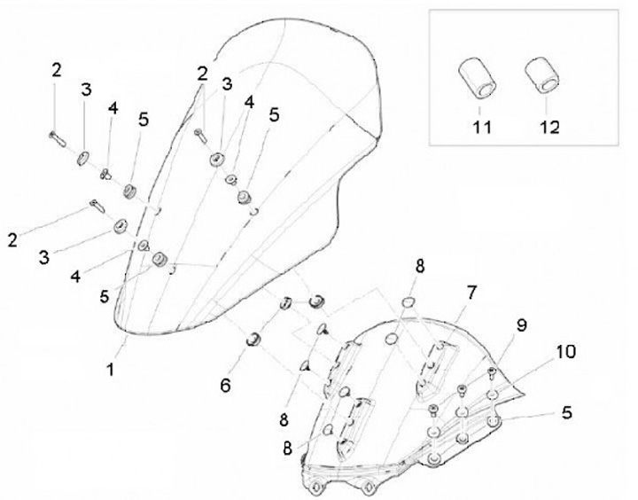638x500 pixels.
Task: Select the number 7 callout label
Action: [471, 291]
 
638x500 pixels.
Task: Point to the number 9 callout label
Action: [522, 324]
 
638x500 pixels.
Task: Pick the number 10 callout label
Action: [566, 353]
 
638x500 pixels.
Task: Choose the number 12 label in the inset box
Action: [549, 127]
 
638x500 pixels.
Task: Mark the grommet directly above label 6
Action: [252, 338]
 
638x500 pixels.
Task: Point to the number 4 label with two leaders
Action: [249, 103]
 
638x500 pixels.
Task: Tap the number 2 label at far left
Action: [12, 239]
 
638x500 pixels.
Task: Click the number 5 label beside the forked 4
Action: [274, 113]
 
